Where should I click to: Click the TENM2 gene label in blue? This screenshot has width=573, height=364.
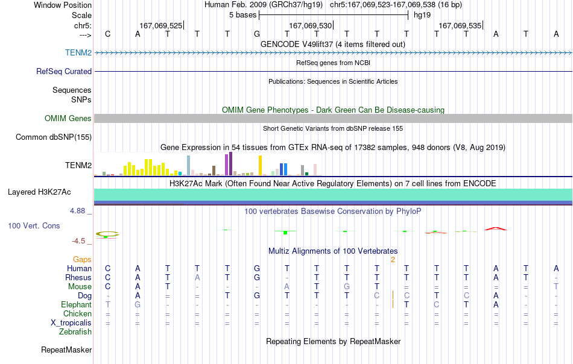click(x=78, y=52)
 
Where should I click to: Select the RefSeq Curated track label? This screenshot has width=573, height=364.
click(x=64, y=71)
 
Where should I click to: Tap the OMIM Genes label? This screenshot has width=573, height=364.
click(x=68, y=118)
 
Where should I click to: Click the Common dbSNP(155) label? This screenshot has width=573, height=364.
click(x=54, y=137)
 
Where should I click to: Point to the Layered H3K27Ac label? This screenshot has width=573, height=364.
click(x=39, y=192)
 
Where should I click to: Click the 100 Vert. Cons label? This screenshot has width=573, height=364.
click(x=34, y=225)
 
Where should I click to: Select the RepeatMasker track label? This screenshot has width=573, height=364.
click(x=66, y=350)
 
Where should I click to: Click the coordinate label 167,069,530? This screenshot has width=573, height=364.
click(x=310, y=25)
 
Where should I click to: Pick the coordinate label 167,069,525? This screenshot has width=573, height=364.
click(x=161, y=25)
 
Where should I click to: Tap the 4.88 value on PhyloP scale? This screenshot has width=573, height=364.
click(x=77, y=211)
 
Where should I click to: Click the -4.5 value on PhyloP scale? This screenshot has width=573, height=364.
click(x=78, y=241)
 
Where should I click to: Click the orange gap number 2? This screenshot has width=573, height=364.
click(x=393, y=260)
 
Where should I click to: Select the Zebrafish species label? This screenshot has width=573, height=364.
click(x=75, y=332)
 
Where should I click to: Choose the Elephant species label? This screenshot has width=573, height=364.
click(x=77, y=304)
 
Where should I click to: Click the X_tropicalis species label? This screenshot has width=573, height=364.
click(x=71, y=323)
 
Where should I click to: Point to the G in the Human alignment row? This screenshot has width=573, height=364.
click(x=257, y=268)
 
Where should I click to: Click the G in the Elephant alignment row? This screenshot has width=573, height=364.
click(x=138, y=304)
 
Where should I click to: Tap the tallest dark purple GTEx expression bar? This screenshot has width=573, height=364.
click(x=230, y=163)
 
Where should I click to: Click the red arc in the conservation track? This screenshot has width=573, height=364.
click(x=496, y=228)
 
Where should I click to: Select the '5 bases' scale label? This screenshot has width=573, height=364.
click(x=243, y=15)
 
